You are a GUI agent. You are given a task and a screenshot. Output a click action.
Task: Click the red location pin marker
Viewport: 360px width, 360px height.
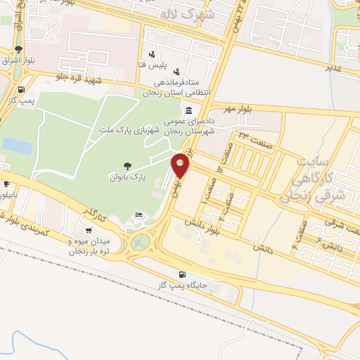pos(181,165)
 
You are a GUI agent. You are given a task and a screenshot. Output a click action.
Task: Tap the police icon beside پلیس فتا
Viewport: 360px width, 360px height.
pos(152,54)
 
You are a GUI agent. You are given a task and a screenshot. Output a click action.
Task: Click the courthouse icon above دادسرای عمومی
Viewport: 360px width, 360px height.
pos(188,111)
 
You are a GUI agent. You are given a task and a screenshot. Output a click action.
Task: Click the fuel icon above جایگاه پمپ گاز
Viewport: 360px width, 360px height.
pos(183,274)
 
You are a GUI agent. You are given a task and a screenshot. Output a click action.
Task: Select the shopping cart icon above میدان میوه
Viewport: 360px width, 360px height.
pos(88,230)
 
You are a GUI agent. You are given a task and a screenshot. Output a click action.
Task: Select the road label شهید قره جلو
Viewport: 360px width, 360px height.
pos(79,79)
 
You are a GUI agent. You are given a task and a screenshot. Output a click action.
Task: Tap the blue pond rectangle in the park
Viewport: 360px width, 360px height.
pos(17,146)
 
